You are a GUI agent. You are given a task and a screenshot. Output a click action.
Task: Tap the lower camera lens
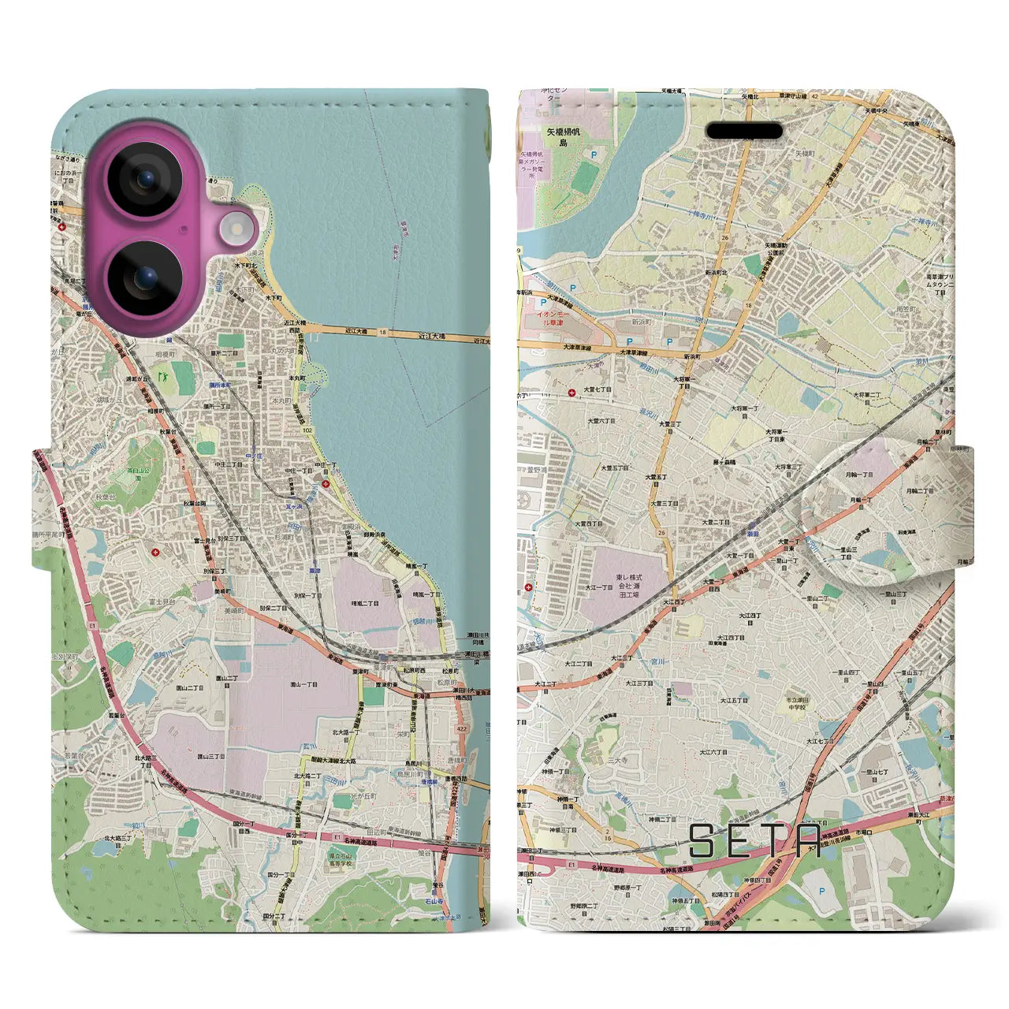tap(145, 278)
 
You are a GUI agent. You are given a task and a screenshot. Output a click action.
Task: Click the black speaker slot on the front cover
tap(744, 131)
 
